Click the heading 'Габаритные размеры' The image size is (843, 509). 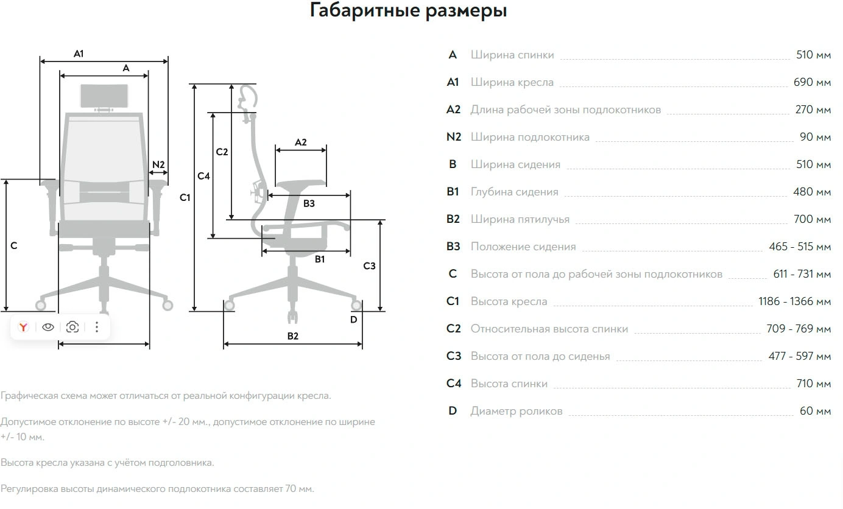pyautogui.click(x=408, y=11)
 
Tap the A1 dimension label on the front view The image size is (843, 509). pyautogui.click(x=79, y=54)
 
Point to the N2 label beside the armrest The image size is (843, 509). pyautogui.click(x=158, y=164)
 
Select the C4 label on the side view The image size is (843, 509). pyautogui.click(x=203, y=176)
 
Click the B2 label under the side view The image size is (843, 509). pyautogui.click(x=293, y=336)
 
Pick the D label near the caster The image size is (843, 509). pyautogui.click(x=353, y=319)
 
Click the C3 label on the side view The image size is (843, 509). pyautogui.click(x=369, y=266)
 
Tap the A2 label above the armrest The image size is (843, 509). pyautogui.click(x=301, y=142)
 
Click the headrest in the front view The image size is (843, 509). pyautogui.click(x=104, y=96)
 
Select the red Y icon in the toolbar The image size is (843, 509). pyautogui.click(x=24, y=328)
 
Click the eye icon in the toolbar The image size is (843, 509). pyautogui.click(x=48, y=328)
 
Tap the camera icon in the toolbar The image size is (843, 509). pyautogui.click(x=72, y=328)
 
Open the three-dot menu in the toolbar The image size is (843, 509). pyautogui.click(x=97, y=328)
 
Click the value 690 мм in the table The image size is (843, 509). pyautogui.click(x=812, y=82)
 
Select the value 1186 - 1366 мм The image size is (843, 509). pyautogui.click(x=794, y=301)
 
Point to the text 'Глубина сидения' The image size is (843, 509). pyautogui.click(x=514, y=192)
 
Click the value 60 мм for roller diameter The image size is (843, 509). pyautogui.click(x=815, y=411)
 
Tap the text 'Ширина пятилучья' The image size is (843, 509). pyautogui.click(x=520, y=219)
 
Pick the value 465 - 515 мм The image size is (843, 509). pyautogui.click(x=800, y=247)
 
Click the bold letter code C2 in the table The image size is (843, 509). pyautogui.click(x=454, y=329)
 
